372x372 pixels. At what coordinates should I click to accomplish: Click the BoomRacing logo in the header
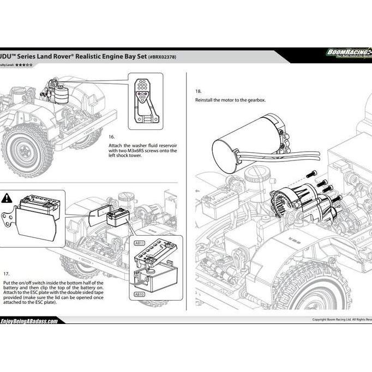click(x=348, y=53)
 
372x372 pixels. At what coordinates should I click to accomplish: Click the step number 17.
click(x=6, y=273)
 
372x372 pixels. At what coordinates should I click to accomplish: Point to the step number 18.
click(x=199, y=92)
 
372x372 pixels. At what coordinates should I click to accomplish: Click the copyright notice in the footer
click(x=341, y=320)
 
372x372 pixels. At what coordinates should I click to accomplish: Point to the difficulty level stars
click(x=23, y=65)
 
